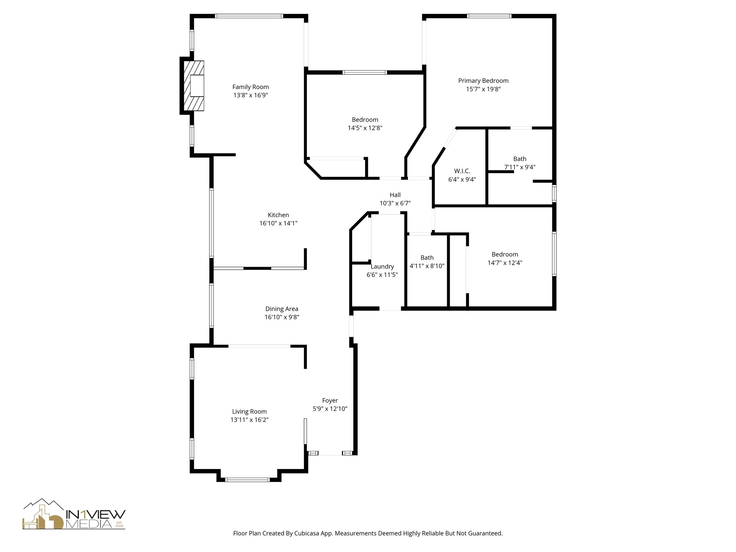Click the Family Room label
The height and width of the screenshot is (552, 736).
[250, 87]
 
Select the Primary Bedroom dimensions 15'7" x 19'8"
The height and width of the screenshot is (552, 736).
[483, 89]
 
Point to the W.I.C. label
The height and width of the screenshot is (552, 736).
[462, 171]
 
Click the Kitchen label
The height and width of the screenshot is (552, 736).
[278, 215]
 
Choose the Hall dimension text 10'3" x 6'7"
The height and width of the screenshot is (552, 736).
[395, 203]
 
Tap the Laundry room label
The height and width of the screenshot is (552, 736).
[382, 267]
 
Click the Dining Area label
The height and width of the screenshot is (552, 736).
[282, 309]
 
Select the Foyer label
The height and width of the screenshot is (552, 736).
[330, 400]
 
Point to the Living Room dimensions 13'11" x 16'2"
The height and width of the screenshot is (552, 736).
[249, 420]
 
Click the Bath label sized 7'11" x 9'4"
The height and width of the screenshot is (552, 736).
[520, 159]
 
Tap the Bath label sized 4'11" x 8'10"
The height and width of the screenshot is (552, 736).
[427, 258]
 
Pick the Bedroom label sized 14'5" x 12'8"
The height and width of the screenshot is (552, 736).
[365, 120]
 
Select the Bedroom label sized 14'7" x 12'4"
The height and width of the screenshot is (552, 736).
[505, 254]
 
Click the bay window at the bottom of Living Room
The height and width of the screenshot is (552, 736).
[247, 479]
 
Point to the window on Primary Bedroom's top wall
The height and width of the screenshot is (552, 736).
[489, 16]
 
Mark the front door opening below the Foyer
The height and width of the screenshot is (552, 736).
[330, 454]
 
